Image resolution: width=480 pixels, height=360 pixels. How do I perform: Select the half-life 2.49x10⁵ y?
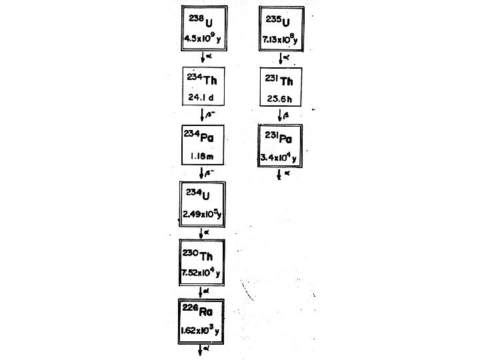point(203,215)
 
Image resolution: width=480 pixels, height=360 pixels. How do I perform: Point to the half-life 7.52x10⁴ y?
point(203,273)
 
